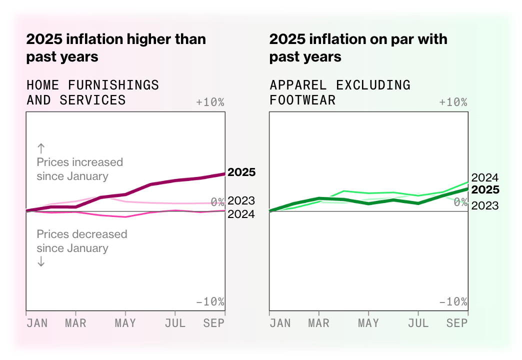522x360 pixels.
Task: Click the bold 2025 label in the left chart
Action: coord(241,172)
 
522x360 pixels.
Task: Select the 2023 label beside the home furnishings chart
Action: coord(241,201)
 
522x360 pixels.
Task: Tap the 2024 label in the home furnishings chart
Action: coord(241,214)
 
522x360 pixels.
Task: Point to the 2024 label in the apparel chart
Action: coord(485,177)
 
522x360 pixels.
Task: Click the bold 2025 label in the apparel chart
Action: coord(485,190)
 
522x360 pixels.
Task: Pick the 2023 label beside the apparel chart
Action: coord(485,205)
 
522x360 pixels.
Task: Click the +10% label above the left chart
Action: coord(210,102)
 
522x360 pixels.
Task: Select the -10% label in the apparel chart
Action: coord(453,302)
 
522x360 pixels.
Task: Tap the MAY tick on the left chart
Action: coord(125,323)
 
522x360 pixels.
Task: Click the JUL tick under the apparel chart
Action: coord(418,323)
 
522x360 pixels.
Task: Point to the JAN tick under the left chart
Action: coord(37,323)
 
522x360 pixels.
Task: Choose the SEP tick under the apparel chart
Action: coord(457,323)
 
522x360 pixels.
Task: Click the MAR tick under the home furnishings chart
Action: coord(76,323)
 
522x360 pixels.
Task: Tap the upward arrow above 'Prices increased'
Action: coord(41,148)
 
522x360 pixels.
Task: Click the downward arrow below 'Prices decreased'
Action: coord(41,262)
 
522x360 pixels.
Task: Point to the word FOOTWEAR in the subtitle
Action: coord(302,100)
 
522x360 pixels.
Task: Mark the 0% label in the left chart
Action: coord(217,202)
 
